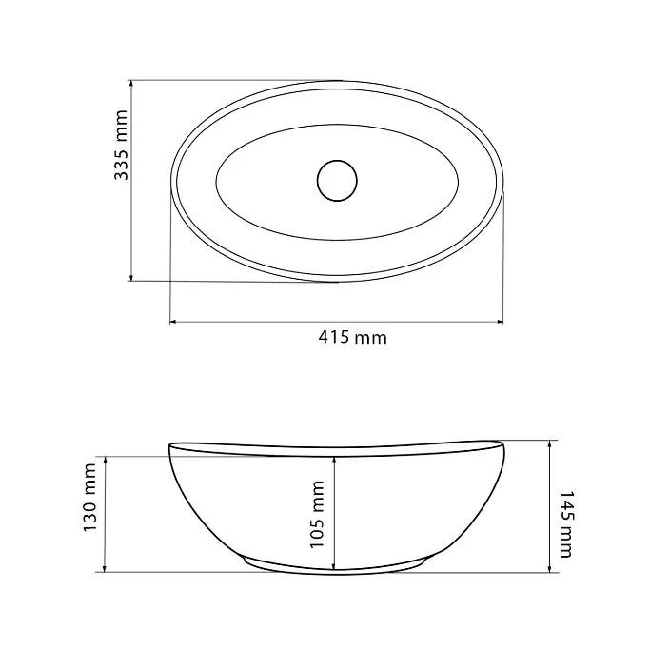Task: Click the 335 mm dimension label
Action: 121,145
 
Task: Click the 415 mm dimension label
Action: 352,338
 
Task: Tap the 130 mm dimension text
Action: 89,498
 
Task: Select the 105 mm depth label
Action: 317,515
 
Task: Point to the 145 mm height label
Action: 566,524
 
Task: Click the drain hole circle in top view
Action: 337,181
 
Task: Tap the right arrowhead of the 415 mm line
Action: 500,322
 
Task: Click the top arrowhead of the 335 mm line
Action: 131,84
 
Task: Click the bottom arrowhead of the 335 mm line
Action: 131,277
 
